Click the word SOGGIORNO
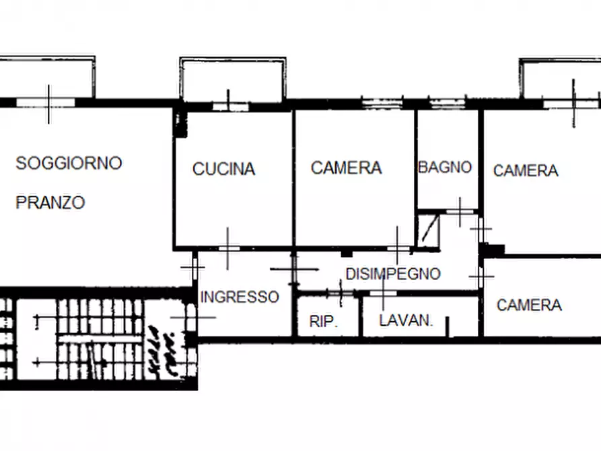[x=69, y=163]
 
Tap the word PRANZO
[x=50, y=203]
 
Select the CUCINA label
[x=223, y=169]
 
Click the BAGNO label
[x=445, y=167]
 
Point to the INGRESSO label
[x=240, y=297]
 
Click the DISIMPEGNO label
[x=393, y=274]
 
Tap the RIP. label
[x=324, y=322]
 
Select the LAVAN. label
[x=406, y=320]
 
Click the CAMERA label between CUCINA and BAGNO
[x=346, y=168]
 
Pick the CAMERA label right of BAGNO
[x=526, y=171]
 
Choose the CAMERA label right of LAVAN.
[x=529, y=305]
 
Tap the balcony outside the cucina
[x=233, y=79]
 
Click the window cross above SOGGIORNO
[x=48, y=103]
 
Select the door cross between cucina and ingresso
[x=228, y=248]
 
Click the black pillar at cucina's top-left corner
[x=179, y=123]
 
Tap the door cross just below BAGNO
[x=460, y=211]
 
